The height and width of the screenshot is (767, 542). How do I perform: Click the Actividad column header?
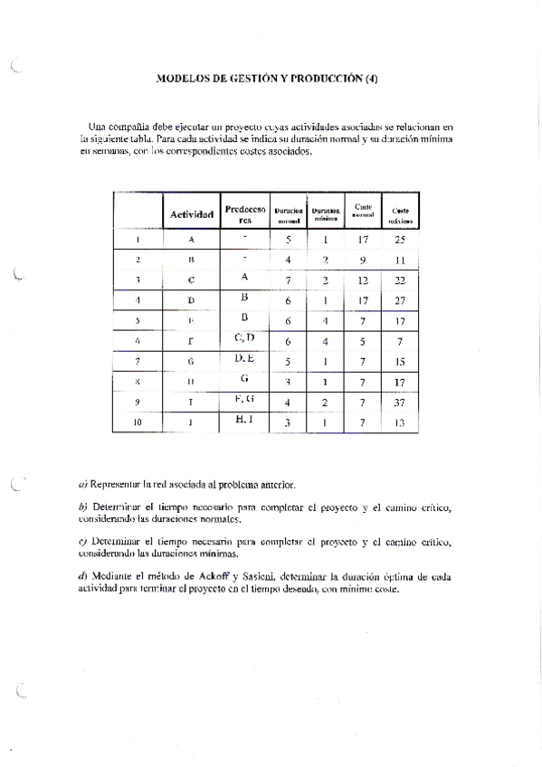coord(192,214)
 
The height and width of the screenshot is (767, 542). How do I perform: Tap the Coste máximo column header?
coord(400,214)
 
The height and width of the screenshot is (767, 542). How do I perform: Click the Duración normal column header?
coord(288,214)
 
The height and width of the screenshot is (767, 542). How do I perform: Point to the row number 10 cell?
coord(137,421)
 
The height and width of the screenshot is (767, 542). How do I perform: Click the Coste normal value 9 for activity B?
coord(363,260)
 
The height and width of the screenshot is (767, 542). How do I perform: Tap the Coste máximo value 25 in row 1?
coord(400,241)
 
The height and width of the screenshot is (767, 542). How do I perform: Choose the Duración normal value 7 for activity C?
coord(288,280)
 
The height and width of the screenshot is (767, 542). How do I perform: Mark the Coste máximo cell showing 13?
coord(400,421)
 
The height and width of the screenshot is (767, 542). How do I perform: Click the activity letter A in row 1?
coord(192,241)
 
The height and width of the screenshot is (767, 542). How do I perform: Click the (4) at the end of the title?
coord(371,79)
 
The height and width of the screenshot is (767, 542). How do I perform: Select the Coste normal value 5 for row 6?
coord(363,341)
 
